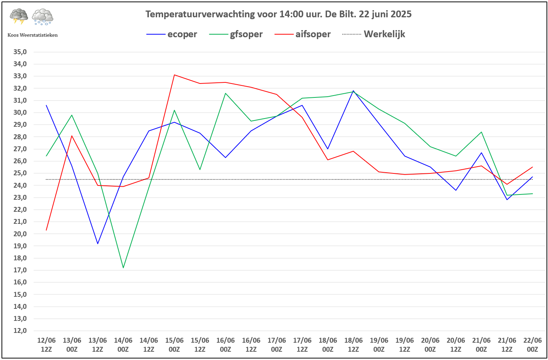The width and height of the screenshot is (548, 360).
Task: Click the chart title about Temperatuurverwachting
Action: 278,14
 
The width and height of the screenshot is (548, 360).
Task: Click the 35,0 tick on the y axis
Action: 20,52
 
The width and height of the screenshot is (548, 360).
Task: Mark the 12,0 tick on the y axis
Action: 20,331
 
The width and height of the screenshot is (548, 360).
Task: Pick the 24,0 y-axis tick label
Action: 20,185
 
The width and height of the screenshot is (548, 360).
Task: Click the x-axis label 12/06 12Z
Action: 46,345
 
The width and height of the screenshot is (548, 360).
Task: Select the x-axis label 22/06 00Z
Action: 532,345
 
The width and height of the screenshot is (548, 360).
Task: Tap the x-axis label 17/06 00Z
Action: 277,345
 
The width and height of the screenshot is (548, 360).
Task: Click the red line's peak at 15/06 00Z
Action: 174,75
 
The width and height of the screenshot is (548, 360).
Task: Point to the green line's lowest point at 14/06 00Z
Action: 123,267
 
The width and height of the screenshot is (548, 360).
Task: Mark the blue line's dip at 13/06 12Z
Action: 98,244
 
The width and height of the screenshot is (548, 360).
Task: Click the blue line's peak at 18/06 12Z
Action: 353,91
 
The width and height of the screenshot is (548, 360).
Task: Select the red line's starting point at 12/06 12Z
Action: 46,230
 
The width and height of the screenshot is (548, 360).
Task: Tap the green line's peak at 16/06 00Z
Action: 226,93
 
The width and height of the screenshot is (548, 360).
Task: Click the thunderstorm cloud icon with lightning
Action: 19,17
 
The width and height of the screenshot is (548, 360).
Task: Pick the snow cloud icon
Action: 42,17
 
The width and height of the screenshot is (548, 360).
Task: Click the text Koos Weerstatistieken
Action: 33,35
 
